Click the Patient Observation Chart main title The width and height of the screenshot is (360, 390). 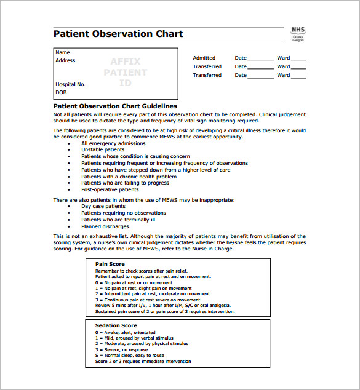118,34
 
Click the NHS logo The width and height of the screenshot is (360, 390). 298,33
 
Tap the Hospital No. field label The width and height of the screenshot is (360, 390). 71,84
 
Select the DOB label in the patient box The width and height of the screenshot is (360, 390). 61,92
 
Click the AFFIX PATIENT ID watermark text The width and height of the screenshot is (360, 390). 126,72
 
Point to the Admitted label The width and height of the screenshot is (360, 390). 204,58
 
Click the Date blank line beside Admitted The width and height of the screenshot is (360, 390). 261,59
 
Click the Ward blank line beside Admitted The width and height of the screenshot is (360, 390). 298,59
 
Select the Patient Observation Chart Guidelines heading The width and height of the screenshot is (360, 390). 115,106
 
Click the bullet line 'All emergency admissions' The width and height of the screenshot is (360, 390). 113,143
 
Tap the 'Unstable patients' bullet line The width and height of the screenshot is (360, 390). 103,149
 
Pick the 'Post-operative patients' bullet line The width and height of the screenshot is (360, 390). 110,189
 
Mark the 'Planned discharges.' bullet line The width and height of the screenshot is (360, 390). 106,226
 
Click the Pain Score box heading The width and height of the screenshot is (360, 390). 110,264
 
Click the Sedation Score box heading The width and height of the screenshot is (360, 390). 116,325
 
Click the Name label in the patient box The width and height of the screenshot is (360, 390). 63,52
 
